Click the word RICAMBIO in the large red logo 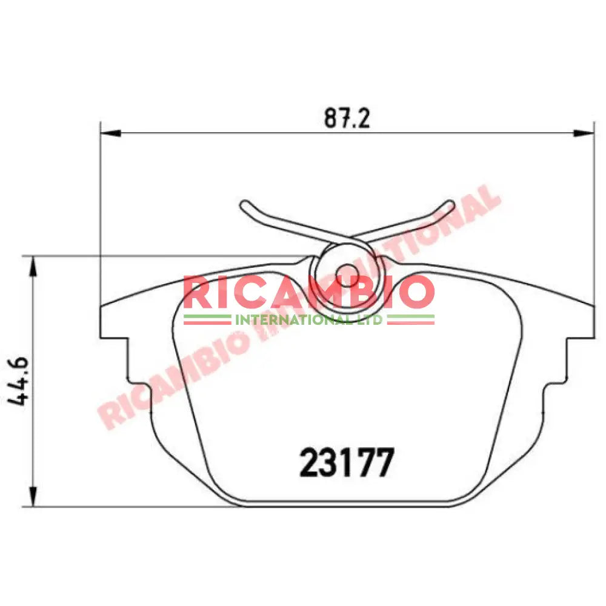tap(308, 293)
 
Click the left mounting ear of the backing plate tap(115, 321)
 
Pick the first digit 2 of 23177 tap(310, 464)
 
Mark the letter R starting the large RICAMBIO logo tap(198, 293)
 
